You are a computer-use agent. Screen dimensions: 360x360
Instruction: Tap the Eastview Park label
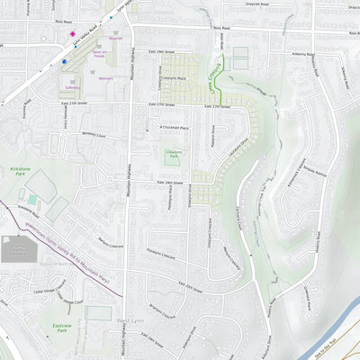pyautogui.click(x=62, y=330)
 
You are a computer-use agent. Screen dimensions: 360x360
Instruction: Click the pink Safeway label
pyautogui.click(x=71, y=88)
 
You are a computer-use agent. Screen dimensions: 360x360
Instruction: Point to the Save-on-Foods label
pyautogui.click(x=99, y=55)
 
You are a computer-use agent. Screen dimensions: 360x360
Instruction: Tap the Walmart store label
pyautogui.click(x=106, y=80)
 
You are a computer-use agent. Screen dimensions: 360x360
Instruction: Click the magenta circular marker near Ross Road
pyautogui.click(x=74, y=34)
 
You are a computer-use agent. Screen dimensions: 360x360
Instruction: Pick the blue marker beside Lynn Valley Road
pyautogui.click(x=65, y=61)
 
